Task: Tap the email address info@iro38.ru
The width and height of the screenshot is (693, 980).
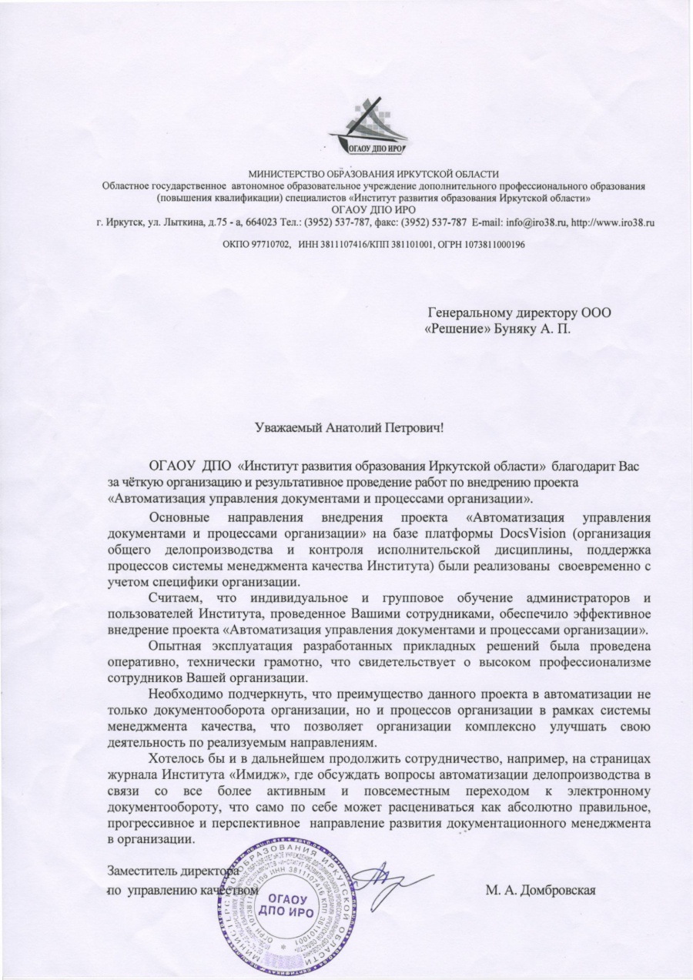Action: click(x=541, y=222)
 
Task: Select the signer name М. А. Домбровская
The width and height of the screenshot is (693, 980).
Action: click(x=541, y=890)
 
